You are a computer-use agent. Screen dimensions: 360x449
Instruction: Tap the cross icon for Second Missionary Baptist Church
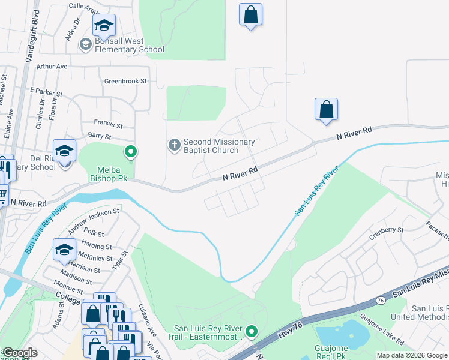[x=174, y=145]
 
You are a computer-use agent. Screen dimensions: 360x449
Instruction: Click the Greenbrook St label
[x=125, y=81]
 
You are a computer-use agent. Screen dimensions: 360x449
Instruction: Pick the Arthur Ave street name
[x=52, y=67]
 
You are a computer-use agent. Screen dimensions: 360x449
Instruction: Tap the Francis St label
[x=109, y=124]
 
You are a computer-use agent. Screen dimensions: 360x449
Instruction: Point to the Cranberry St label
[x=385, y=230]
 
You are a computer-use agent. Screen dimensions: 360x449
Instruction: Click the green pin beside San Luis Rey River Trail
[x=252, y=331]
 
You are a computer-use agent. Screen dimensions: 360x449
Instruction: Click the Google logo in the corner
[x=20, y=353]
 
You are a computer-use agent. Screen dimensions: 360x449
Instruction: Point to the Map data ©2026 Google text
[x=411, y=355]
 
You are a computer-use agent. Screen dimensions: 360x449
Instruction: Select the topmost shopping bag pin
[x=250, y=14]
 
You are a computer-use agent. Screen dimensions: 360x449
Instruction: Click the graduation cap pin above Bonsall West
[x=104, y=25]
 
